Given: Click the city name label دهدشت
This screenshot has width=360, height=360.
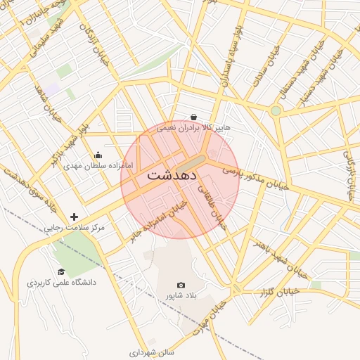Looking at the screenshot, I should (172, 177).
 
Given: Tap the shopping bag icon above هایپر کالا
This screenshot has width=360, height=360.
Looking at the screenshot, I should (193, 117).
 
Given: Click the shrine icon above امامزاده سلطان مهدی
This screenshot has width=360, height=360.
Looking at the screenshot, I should (98, 155).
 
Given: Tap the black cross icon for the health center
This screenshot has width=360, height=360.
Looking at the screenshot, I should (75, 217).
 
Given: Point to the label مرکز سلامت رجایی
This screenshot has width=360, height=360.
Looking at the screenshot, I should (74, 228).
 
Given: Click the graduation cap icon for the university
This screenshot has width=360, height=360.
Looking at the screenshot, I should (61, 271).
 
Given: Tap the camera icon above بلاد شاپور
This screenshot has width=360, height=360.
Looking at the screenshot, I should (181, 285).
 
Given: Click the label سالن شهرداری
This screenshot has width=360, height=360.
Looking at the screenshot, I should (156, 349).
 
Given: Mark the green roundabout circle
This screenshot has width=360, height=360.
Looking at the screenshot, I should (276, 110).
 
